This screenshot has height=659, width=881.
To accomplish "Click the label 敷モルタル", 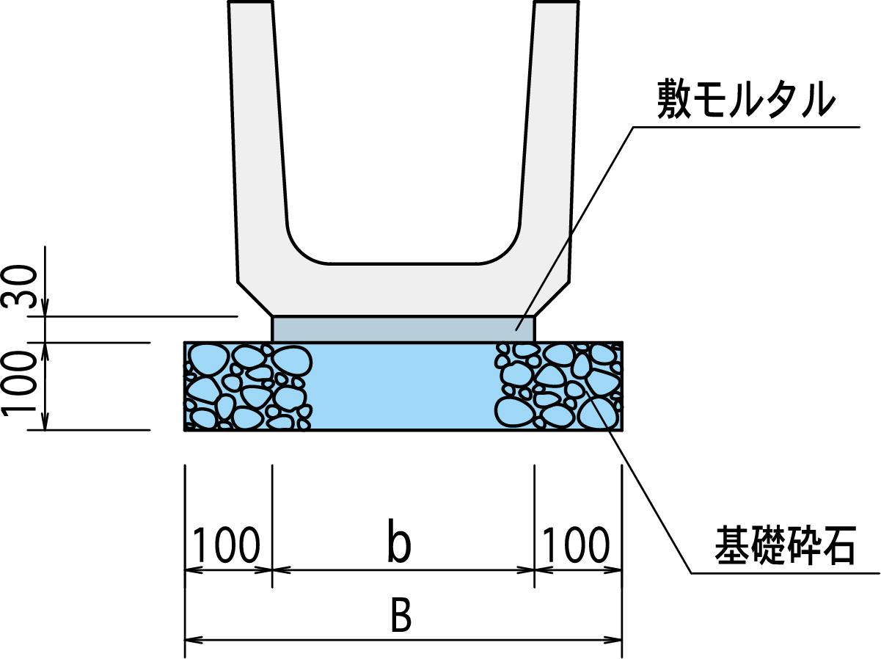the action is (746, 100).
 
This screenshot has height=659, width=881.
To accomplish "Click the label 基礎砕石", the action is (785, 547).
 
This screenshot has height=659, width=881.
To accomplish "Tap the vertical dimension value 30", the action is (19, 286).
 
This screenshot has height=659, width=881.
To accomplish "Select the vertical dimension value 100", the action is (19, 383).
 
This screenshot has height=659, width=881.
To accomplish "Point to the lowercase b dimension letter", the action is (399, 541).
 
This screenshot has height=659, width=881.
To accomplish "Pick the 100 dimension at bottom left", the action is (227, 545).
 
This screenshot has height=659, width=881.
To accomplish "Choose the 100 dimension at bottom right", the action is (577, 545).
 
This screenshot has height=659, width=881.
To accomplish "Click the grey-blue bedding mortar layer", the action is (403, 329).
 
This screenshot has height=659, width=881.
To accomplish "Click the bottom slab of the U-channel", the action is (403, 290).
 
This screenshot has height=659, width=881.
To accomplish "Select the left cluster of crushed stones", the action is (248, 386).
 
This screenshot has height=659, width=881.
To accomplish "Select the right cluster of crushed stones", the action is (559, 386).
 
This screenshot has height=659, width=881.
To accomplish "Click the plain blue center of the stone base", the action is (403, 386).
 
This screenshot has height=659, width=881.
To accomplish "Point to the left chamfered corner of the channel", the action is (255, 299).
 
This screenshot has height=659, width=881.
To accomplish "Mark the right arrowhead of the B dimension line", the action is (613, 639).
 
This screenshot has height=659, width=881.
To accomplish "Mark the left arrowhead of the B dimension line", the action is (194, 639).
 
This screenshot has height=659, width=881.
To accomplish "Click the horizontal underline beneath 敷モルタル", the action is (747, 127).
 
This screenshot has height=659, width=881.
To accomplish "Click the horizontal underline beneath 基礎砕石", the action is (785, 573).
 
